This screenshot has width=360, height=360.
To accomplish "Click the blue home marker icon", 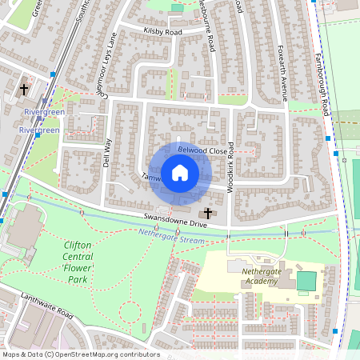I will [x=180, y=173].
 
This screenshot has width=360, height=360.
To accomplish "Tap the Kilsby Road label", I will [x=163, y=32].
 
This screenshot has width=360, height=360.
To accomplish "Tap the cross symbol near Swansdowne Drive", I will [x=209, y=213].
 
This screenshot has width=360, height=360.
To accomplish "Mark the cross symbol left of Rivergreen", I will [x=25, y=90].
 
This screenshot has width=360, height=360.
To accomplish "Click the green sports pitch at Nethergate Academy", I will [x=306, y=281].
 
